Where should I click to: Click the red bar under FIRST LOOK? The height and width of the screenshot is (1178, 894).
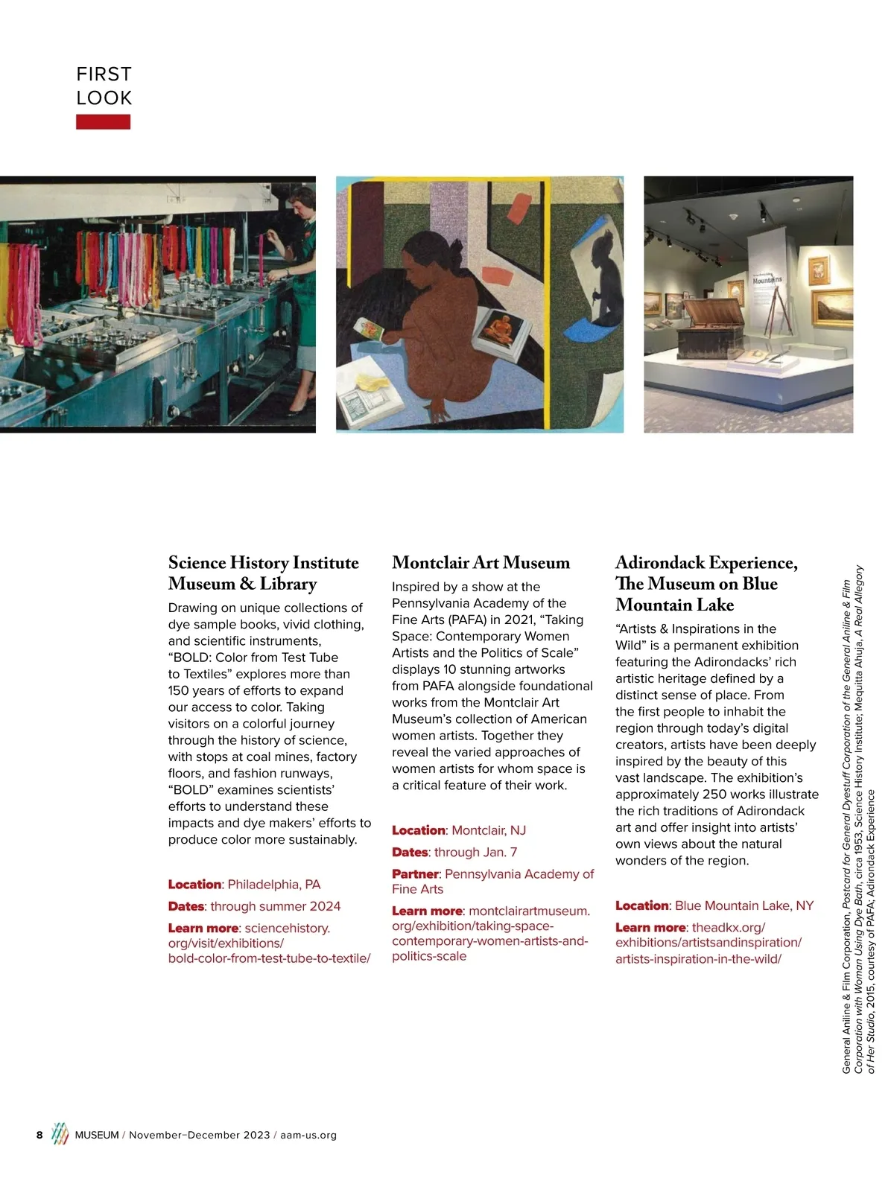coord(103,122)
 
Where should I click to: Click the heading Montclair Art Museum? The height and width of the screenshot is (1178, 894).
coord(481,563)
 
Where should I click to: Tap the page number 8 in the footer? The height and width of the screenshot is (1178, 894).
coord(39,1135)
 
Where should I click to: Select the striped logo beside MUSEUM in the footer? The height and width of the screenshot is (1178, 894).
coord(60,1134)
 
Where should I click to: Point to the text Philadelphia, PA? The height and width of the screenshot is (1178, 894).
coord(274,885)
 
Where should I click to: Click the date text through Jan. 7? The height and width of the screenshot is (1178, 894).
coord(475,852)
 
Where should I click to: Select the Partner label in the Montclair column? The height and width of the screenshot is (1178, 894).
coord(415,873)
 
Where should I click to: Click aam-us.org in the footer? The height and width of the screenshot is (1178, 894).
coord(308,1136)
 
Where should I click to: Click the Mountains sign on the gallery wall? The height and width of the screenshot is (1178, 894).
coord(767,280)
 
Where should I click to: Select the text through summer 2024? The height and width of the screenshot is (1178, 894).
coord(275,906)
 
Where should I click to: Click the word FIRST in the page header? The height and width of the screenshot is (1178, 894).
coord(104,74)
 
